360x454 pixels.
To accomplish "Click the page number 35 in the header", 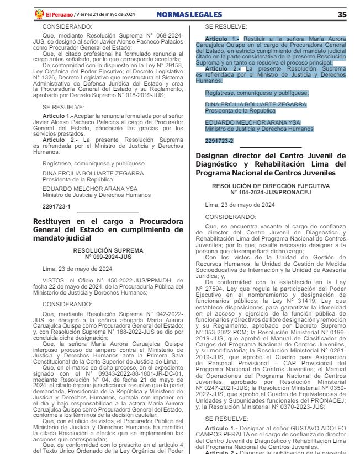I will (342, 14).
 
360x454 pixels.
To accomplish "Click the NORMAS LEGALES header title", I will (189, 14).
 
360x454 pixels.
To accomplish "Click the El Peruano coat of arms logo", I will (39, 14).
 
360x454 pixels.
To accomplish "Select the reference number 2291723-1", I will (56, 206).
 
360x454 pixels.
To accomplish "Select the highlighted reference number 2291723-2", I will (219, 141).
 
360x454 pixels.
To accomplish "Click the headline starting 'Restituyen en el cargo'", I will (108, 229).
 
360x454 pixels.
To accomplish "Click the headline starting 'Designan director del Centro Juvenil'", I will (271, 164).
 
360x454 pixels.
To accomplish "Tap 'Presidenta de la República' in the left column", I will (78, 179).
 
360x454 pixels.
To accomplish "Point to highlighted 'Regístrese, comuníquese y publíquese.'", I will (257, 93).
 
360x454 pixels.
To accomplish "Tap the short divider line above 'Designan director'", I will (271, 147).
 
